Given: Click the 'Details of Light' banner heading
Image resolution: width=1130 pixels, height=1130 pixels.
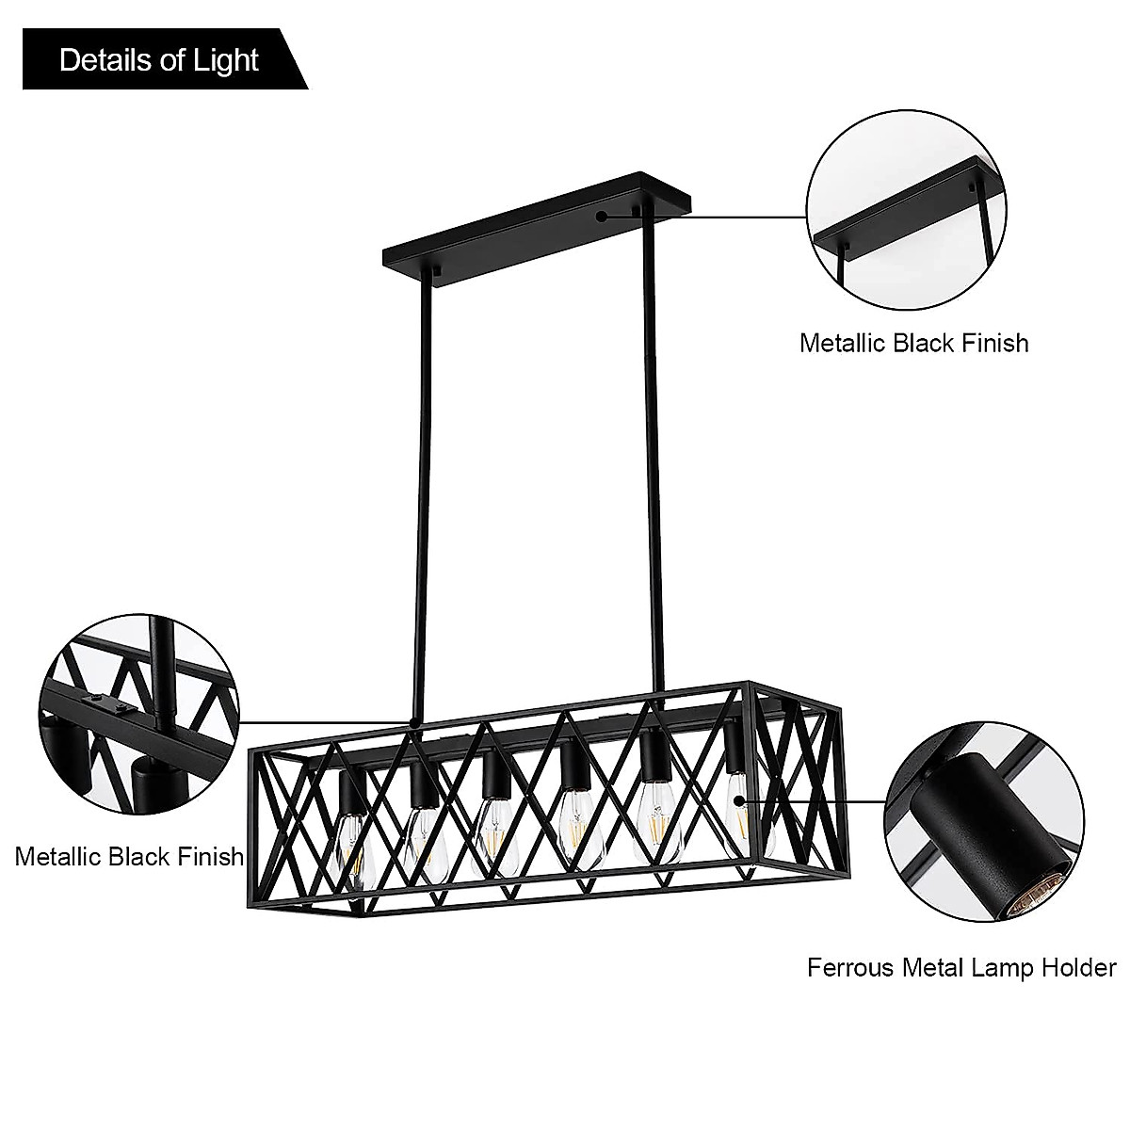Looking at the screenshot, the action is click(x=158, y=61).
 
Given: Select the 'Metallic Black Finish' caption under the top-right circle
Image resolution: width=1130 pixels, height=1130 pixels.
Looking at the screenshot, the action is click(x=913, y=342).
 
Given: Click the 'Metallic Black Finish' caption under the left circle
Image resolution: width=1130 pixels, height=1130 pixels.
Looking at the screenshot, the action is click(x=129, y=856).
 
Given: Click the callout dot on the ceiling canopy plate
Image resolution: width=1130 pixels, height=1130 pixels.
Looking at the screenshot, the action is click(x=602, y=216).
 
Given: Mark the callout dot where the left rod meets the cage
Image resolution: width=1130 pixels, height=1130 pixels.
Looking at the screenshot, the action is click(x=413, y=723).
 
